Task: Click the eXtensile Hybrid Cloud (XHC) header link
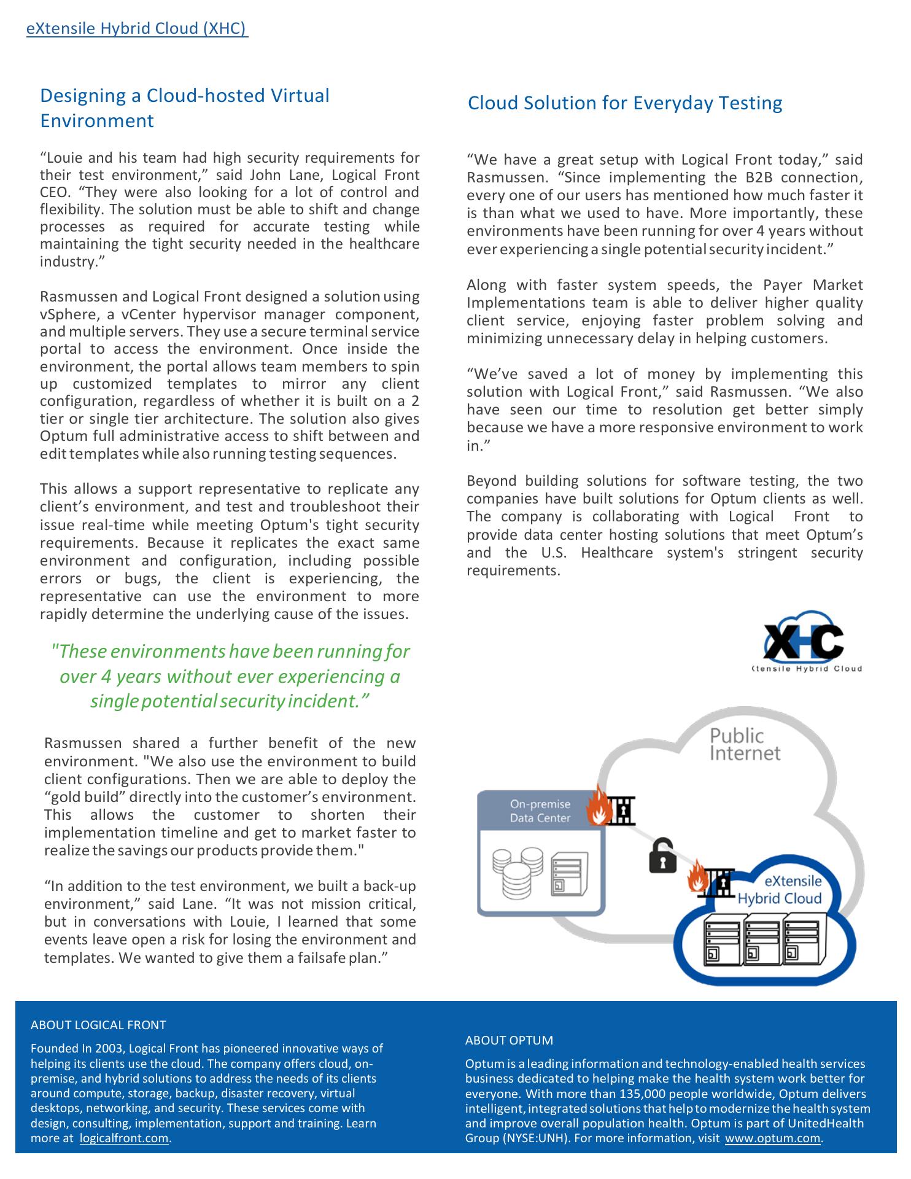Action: pyautogui.click(x=136, y=29)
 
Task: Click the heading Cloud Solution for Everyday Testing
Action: pyautogui.click(x=624, y=103)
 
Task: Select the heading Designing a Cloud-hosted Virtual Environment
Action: pyautogui.click(x=184, y=108)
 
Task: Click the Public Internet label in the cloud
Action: pyautogui.click(x=744, y=744)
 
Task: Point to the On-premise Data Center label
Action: pyautogui.click(x=540, y=811)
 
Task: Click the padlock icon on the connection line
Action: pyautogui.click(x=662, y=855)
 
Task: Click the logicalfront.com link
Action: pyautogui.click(x=124, y=1138)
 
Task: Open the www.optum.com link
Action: pyautogui.click(x=772, y=1138)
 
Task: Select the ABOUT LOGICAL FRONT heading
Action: pyautogui.click(x=98, y=1025)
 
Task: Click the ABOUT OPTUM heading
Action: pyautogui.click(x=509, y=1040)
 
